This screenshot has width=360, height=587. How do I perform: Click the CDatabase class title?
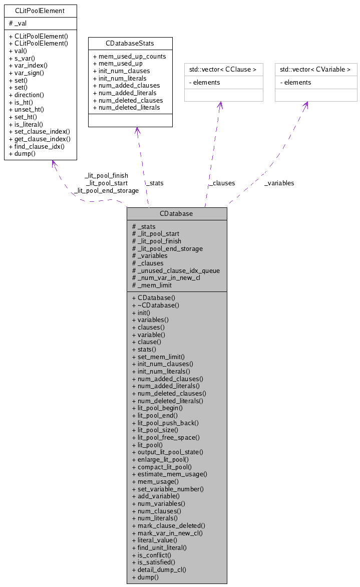tap(176, 213)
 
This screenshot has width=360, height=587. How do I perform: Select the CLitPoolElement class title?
tap(40, 11)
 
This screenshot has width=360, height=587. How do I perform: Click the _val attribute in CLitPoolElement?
tap(20, 24)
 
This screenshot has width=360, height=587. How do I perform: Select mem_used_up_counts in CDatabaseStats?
tap(129, 57)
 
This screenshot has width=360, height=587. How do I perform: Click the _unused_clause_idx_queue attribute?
tap(176, 270)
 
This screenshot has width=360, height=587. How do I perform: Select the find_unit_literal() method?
tap(159, 547)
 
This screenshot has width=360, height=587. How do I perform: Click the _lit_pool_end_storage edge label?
tap(106, 190)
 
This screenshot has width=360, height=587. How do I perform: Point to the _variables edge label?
tap(279, 183)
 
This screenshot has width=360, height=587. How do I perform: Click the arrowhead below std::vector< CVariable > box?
tap(305, 105)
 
